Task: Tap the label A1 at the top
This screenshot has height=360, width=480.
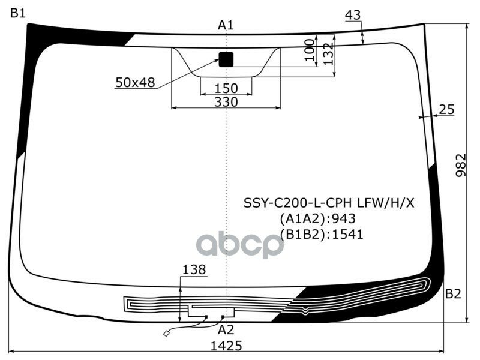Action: pyautogui.click(x=226, y=25)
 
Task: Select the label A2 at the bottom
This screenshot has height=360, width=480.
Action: pyautogui.click(x=226, y=329)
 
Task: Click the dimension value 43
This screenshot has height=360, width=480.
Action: pyautogui.click(x=353, y=16)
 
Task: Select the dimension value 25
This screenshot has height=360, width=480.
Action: pyautogui.click(x=446, y=109)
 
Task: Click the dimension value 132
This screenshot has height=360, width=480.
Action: pyautogui.click(x=328, y=56)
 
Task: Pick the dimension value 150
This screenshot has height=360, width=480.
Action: pyautogui.click(x=226, y=89)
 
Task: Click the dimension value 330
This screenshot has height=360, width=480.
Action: pyautogui.click(x=226, y=102)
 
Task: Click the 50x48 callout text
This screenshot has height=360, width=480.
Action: pyautogui.click(x=135, y=83)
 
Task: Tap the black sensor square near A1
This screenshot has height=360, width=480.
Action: pyautogui.click(x=226, y=59)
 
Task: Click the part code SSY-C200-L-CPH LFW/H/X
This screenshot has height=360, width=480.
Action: pyautogui.click(x=328, y=203)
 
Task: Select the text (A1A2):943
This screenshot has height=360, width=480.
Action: pyautogui.click(x=317, y=218)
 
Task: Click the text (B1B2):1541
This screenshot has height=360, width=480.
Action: pyautogui.click(x=321, y=234)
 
